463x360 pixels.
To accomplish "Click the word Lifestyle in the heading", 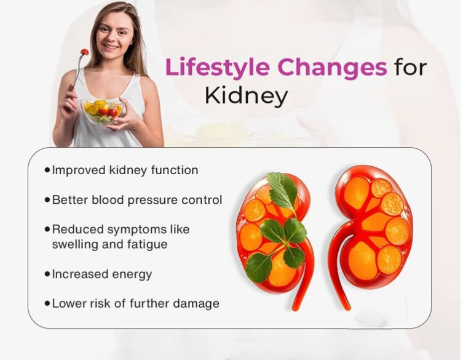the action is point(217,68).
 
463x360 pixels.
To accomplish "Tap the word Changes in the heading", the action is point(332,68).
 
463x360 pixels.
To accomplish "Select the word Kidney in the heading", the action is point(247,97).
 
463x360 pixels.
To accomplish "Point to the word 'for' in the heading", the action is point(411,67).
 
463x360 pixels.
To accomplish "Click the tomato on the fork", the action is point(84,52).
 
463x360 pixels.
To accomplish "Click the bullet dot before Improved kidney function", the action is point(47,170).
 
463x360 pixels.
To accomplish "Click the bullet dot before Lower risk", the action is point(47,303).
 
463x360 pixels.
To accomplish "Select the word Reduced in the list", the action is point(77,230).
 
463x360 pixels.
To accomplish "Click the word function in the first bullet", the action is point(174,170).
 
